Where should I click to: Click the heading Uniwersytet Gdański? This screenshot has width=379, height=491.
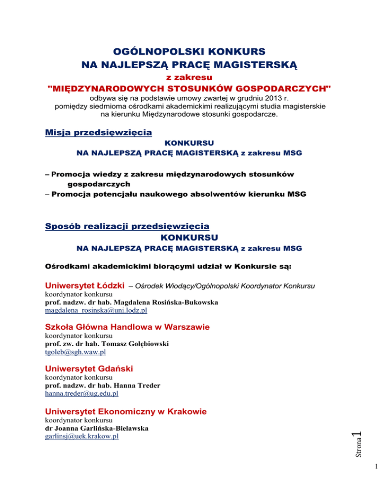point(89,368)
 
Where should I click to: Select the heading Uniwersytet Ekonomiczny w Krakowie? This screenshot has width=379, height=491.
point(125,411)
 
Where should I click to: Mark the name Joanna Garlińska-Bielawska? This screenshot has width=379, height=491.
point(102,428)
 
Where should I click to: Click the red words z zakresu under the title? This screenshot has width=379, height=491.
point(189,78)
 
